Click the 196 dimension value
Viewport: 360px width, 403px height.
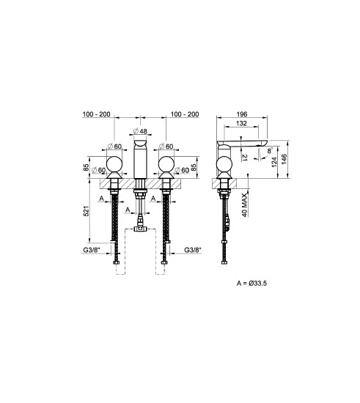pyautogui.click(x=242, y=114)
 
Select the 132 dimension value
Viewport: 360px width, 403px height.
pyautogui.click(x=241, y=123)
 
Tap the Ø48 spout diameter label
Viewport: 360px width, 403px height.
pyautogui.click(x=140, y=131)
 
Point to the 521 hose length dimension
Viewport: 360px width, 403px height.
pyautogui.click(x=87, y=211)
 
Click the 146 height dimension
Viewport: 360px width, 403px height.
pyautogui.click(x=284, y=160)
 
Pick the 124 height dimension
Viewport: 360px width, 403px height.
pyautogui.click(x=274, y=162)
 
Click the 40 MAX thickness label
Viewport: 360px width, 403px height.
pyautogui.click(x=245, y=205)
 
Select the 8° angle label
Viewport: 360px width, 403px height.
pyautogui.click(x=270, y=149)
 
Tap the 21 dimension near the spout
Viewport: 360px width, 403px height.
pyautogui.click(x=245, y=158)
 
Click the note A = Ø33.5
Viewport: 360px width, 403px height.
pyautogui.click(x=251, y=283)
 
